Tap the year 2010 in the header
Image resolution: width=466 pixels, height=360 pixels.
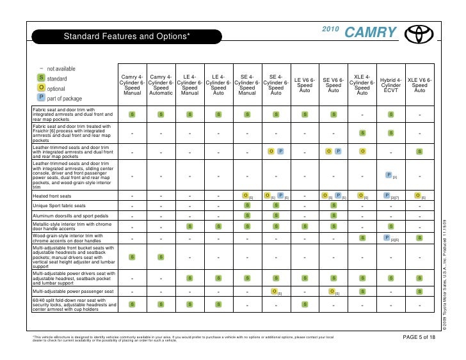pos(331,30)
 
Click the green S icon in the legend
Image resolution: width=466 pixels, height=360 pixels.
pos(41,78)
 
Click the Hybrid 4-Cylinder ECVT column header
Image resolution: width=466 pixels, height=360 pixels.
pos(390,85)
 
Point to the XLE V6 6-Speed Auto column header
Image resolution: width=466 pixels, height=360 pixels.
pos(419,85)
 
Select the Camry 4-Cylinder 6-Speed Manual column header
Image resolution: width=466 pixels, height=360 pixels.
pos(133,85)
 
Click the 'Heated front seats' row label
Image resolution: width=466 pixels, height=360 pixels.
pos(52,195)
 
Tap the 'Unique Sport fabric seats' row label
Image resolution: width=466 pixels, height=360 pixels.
pos(60,206)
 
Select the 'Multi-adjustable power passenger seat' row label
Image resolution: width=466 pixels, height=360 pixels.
pos(73,291)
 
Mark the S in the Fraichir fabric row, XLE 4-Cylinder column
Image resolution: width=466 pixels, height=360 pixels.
pos(362,133)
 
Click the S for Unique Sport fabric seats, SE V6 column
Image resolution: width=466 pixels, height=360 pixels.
pos(333,206)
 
